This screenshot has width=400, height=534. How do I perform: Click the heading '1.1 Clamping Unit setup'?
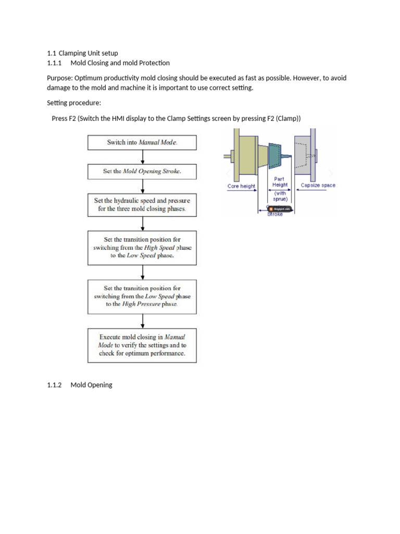pyautogui.click(x=82, y=53)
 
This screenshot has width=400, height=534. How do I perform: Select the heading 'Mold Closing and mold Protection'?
pyautogui.click(x=120, y=63)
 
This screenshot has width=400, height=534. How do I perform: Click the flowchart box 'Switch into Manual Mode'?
pyautogui.click(x=142, y=142)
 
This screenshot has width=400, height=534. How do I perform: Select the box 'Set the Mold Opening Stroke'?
pyautogui.click(x=142, y=171)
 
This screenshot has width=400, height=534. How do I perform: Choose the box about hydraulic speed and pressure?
pyautogui.click(x=142, y=204)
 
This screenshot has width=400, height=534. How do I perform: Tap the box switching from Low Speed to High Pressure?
pyautogui.click(x=142, y=296)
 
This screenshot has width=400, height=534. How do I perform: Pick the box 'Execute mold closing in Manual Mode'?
pyautogui.click(x=142, y=345)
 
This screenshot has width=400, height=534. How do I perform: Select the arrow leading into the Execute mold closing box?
pyautogui.click(x=142, y=320)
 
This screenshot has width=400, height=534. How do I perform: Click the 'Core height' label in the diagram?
pyautogui.click(x=242, y=186)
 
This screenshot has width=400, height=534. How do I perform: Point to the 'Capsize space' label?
pyautogui.click(x=318, y=185)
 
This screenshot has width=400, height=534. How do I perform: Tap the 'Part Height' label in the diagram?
pyautogui.click(x=280, y=181)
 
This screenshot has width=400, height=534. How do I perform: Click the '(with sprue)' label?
pyautogui.click(x=280, y=196)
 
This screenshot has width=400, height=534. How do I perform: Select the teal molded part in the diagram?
pyautogui.click(x=274, y=155)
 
